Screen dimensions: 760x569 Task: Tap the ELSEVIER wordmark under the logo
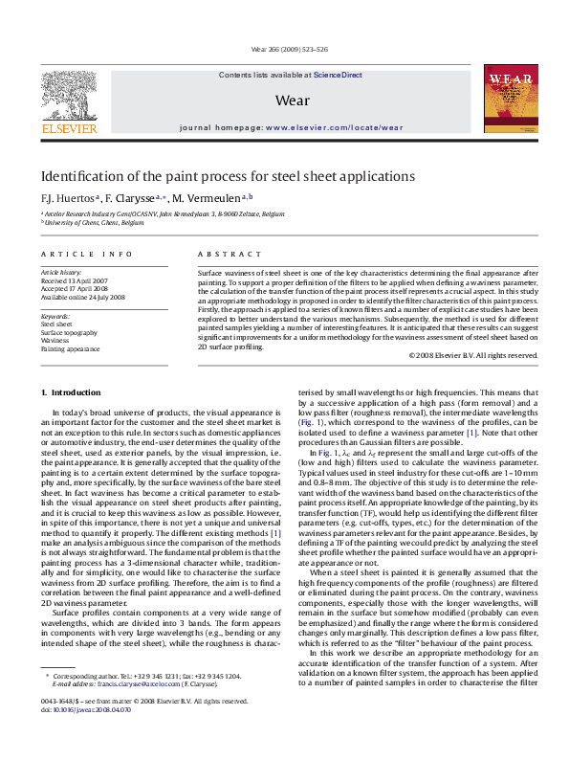click(68, 127)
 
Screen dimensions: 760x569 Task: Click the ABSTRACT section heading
click(229, 254)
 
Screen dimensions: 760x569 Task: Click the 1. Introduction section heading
click(77, 393)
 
